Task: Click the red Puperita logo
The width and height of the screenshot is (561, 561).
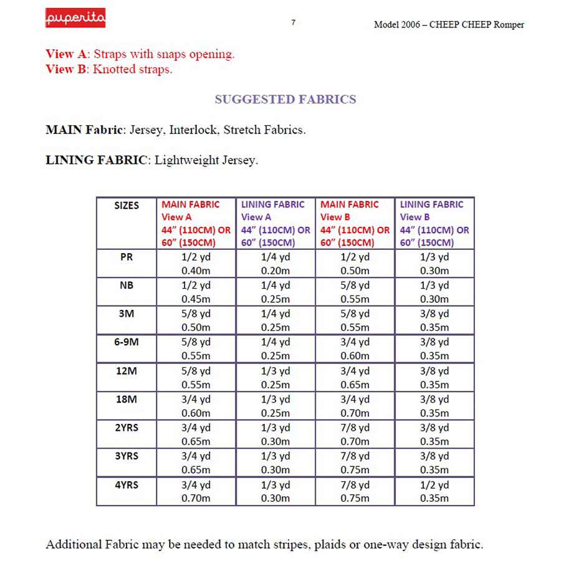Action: (x=75, y=18)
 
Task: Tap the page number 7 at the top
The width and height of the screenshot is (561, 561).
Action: (x=293, y=22)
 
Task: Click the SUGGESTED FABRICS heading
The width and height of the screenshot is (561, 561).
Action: (x=285, y=99)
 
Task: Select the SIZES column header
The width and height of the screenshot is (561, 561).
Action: (x=127, y=205)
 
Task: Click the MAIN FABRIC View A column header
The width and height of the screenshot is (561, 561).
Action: (x=196, y=223)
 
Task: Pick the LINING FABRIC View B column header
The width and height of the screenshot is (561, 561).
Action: (x=434, y=223)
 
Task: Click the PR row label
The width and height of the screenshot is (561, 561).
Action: (x=127, y=257)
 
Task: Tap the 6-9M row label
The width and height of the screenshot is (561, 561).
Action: (x=127, y=342)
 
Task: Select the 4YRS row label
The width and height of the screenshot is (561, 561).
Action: (x=127, y=484)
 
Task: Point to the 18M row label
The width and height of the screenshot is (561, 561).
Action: (x=127, y=399)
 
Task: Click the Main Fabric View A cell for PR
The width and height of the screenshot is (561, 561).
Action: (x=196, y=264)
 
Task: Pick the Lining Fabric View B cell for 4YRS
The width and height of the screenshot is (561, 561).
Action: (x=434, y=491)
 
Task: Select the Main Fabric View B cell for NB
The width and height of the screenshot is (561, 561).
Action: (x=355, y=292)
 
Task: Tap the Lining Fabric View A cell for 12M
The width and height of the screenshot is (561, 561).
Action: (x=275, y=377)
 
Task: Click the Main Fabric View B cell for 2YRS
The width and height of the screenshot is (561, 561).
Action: (x=355, y=434)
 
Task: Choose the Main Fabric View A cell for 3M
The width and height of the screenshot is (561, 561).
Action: (x=196, y=320)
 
